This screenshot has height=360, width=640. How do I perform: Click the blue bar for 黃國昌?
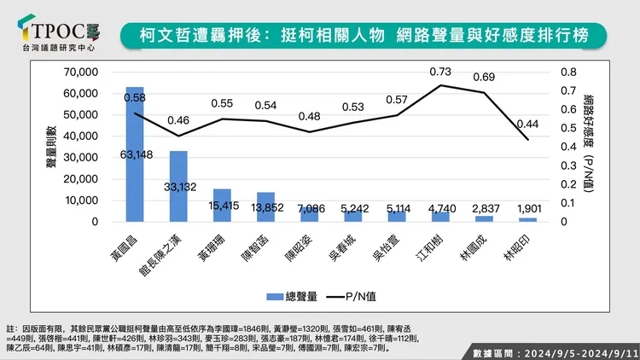tap(135, 154)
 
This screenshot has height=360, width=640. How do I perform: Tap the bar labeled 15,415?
tap(222, 206)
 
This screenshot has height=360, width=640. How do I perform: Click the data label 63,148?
tap(135, 154)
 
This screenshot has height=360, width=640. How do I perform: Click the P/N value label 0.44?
tap(528, 123)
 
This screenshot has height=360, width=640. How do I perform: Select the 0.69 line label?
tap(485, 78)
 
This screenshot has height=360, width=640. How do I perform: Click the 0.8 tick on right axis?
tap(567, 72)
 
